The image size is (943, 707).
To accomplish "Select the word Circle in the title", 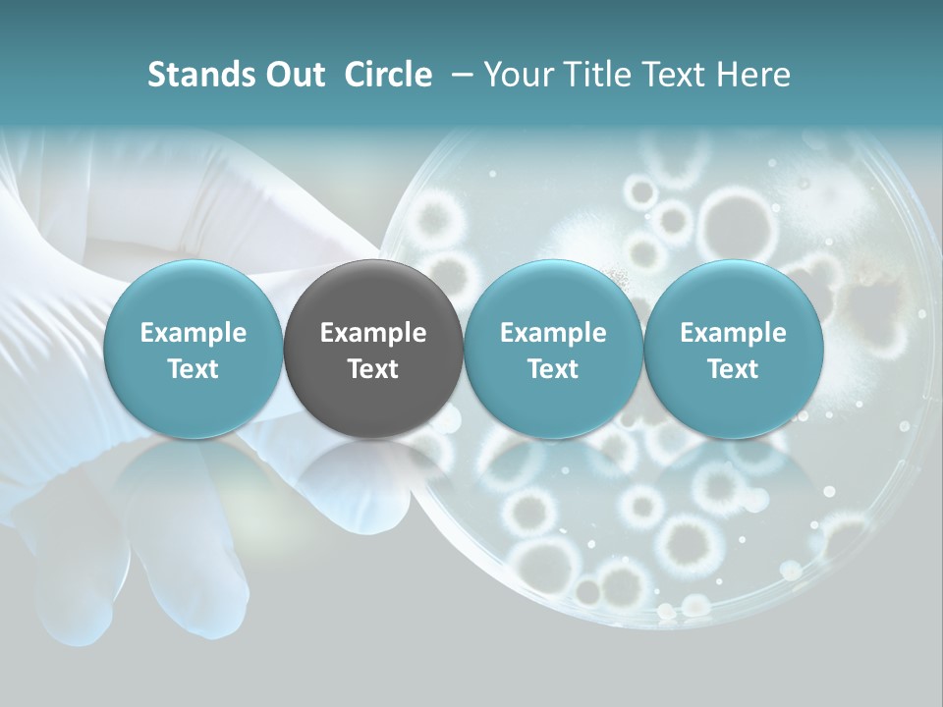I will click(388, 75).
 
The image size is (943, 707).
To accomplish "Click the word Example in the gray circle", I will click(373, 333).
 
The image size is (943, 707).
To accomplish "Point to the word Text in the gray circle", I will click(373, 368).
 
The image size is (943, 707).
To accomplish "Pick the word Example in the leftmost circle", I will click(193, 333).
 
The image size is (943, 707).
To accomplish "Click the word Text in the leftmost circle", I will click(193, 368).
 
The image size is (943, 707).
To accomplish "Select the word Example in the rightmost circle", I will click(733, 333).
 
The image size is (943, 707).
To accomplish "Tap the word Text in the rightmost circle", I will click(733, 368).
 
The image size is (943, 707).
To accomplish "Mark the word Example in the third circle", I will click(553, 333).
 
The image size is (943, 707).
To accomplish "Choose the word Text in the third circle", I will click(553, 368).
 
